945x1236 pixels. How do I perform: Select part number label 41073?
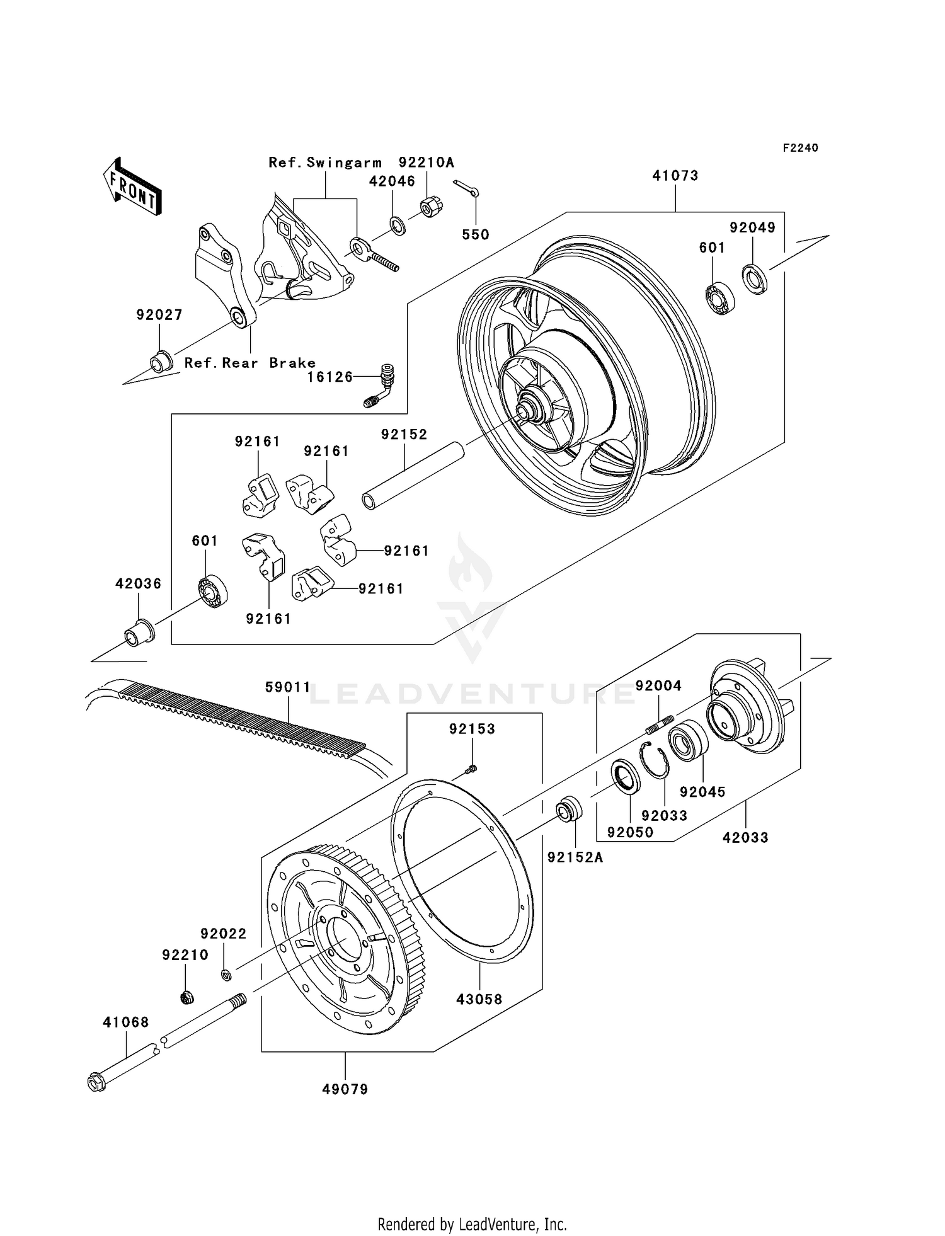coord(675,176)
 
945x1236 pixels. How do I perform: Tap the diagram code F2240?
coord(800,148)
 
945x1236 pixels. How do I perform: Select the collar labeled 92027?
coord(161,363)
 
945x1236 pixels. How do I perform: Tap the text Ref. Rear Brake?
coord(250,363)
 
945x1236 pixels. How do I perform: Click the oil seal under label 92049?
coord(754,279)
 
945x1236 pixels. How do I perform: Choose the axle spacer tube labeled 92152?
coord(413,475)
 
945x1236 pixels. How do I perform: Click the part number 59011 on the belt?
coord(287,687)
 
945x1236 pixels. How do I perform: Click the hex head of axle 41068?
coord(96,1083)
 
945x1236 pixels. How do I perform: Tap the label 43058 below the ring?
coord(479,999)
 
